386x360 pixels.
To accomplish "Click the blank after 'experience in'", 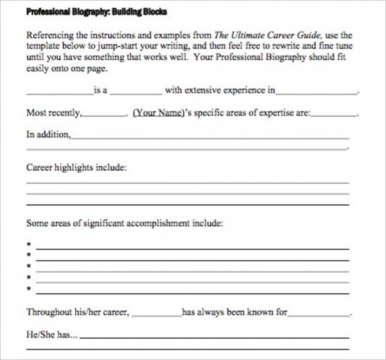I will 317,92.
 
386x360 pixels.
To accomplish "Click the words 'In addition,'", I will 48,135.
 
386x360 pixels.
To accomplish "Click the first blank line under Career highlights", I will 187,183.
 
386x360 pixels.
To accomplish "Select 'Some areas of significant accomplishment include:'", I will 124,223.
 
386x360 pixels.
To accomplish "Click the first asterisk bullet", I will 29,244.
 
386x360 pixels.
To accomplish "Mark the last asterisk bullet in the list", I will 29,288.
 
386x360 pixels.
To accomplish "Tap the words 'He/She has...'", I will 52,335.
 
